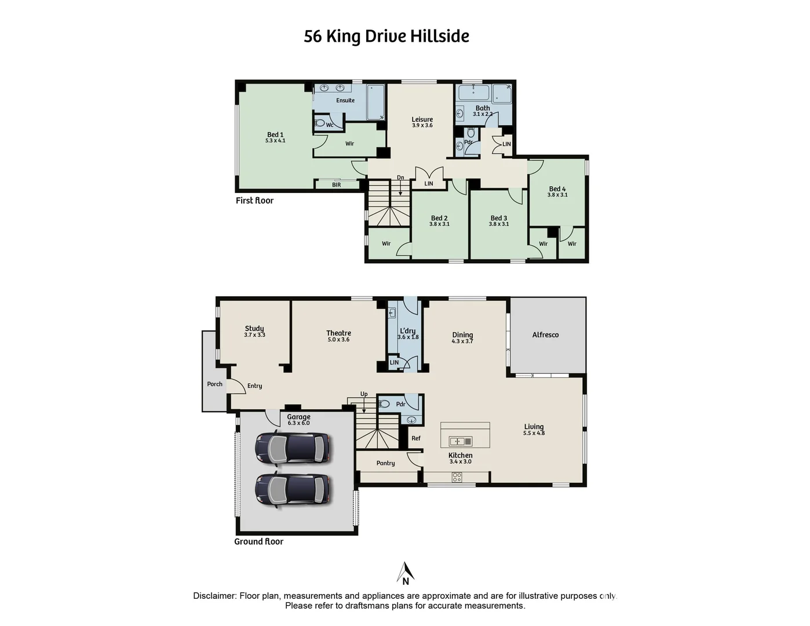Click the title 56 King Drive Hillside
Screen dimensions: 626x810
coord(386,36)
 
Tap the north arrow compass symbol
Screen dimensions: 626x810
coord(406,573)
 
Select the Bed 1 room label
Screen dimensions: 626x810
coord(275,137)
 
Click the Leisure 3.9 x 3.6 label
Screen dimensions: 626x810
coord(422,122)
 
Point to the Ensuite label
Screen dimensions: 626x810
coord(345,100)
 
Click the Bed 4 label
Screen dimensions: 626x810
coord(557,191)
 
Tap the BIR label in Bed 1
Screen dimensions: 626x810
coord(337,185)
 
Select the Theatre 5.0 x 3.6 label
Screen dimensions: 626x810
coord(338,336)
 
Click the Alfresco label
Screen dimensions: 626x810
coord(545,334)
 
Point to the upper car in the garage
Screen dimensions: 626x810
coord(293,448)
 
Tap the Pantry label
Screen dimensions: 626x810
coord(385,463)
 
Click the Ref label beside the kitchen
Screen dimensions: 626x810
coord(416,438)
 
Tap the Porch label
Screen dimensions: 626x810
coord(214,384)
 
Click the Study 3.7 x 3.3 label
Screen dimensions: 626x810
coord(254,331)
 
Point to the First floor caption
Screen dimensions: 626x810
coord(254,201)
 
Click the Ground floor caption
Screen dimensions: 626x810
coord(258,541)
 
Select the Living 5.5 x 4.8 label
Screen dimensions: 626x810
coord(534,429)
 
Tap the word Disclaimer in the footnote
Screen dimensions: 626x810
coord(214,596)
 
